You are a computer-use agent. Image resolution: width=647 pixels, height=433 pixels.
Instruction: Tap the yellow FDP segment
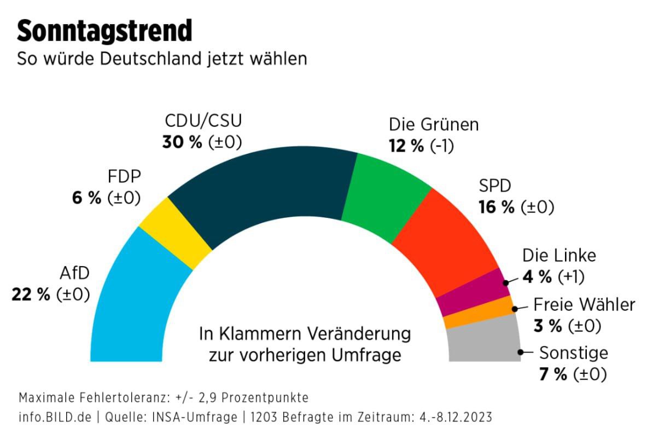(x=175, y=233)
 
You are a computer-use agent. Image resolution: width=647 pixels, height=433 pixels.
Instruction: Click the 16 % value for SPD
(x=497, y=207)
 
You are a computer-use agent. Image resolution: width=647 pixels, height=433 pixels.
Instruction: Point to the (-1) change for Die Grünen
(x=442, y=146)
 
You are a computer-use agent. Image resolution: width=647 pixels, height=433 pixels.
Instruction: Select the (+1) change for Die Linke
(x=571, y=277)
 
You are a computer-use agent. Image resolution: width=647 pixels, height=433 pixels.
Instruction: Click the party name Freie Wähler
(x=584, y=304)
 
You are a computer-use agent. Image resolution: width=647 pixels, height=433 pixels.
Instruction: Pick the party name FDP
(x=125, y=176)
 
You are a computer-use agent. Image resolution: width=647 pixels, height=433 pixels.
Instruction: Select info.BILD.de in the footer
(x=55, y=417)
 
